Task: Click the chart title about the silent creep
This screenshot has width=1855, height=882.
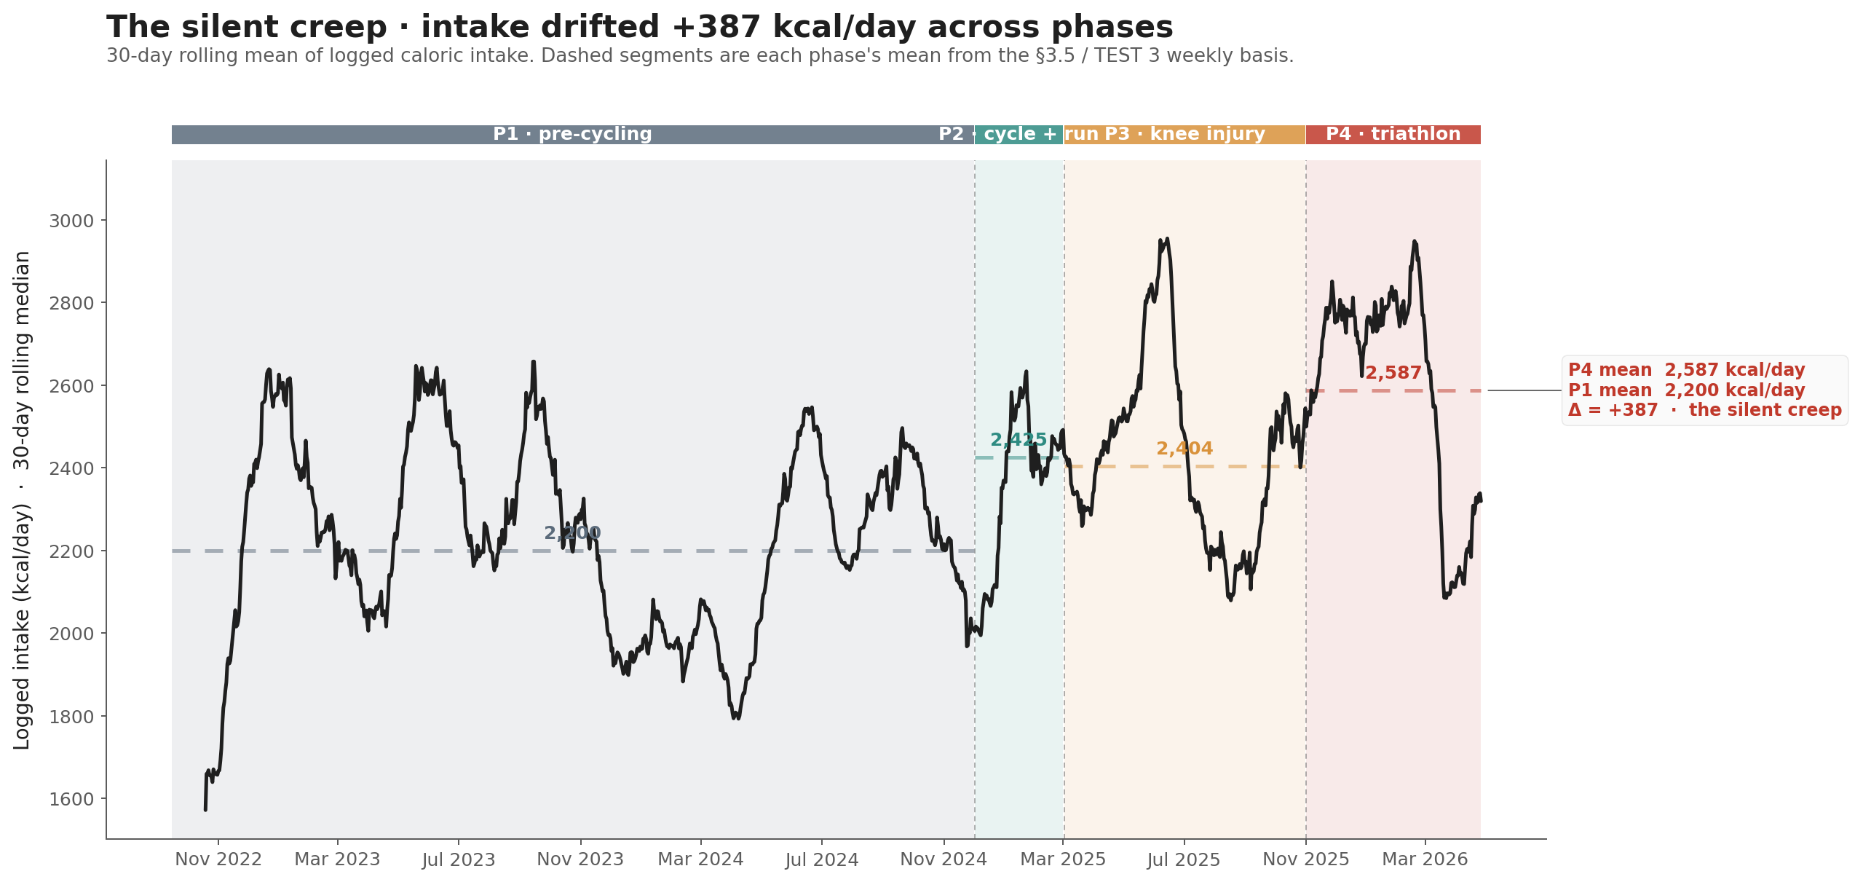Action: point(639,28)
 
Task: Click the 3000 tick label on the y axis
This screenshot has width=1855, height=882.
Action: point(71,221)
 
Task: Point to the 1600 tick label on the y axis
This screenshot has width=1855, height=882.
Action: point(71,800)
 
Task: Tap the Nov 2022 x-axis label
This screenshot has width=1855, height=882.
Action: point(218,860)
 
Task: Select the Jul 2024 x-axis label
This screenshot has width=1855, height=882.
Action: point(822,860)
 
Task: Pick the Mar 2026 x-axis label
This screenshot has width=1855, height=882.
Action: point(1425,860)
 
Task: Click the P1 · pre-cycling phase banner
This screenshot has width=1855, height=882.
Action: point(572,135)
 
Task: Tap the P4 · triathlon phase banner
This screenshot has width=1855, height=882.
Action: point(1393,135)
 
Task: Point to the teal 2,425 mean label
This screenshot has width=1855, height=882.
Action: point(1019,440)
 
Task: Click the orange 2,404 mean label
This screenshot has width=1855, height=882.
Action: point(1184,449)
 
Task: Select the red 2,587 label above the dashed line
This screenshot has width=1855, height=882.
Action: point(1393,374)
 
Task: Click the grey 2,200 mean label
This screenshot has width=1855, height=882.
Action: point(572,534)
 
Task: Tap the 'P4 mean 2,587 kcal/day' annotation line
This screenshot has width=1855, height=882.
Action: point(1686,371)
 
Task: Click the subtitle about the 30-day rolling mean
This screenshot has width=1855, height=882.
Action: point(700,56)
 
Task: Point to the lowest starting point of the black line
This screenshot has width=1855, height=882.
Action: point(205,809)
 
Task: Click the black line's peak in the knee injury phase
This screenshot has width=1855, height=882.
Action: point(1167,239)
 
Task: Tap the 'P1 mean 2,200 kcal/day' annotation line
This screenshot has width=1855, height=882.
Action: point(1686,390)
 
